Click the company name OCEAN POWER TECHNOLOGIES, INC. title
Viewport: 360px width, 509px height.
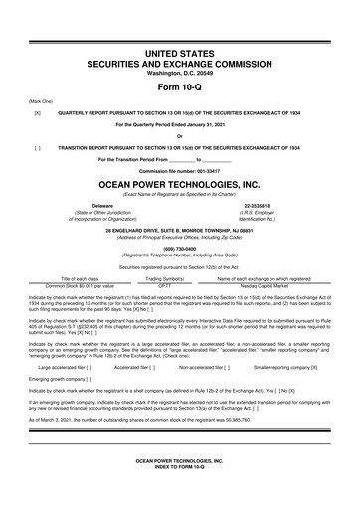pyautogui.click(x=180, y=185)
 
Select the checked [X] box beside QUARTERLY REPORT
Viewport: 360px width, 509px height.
pyautogui.click(x=37, y=113)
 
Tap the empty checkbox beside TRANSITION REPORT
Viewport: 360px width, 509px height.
pyautogui.click(x=37, y=145)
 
